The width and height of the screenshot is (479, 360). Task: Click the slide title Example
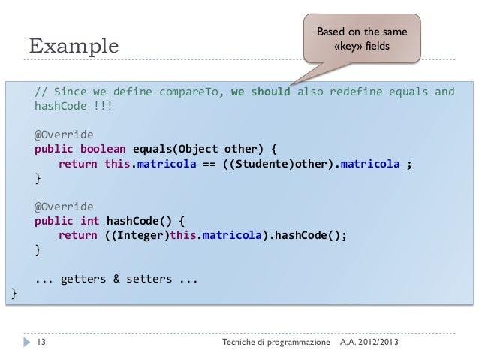click(x=74, y=47)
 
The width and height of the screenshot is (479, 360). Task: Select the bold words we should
click(x=260, y=92)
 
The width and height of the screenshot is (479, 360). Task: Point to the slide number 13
click(x=41, y=343)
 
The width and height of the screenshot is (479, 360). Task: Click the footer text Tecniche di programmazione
click(x=276, y=343)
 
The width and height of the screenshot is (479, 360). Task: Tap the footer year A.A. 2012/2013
click(x=369, y=343)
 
